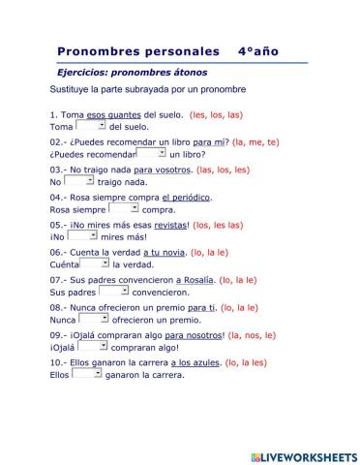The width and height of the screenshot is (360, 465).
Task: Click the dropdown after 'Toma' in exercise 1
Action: (90, 125)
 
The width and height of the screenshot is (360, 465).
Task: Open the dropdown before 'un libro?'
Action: (150, 152)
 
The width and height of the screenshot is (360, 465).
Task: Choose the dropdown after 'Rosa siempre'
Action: (123, 207)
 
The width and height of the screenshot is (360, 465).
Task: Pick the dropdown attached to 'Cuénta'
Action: (94, 263)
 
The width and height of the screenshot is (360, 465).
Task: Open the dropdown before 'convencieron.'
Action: (113, 290)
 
